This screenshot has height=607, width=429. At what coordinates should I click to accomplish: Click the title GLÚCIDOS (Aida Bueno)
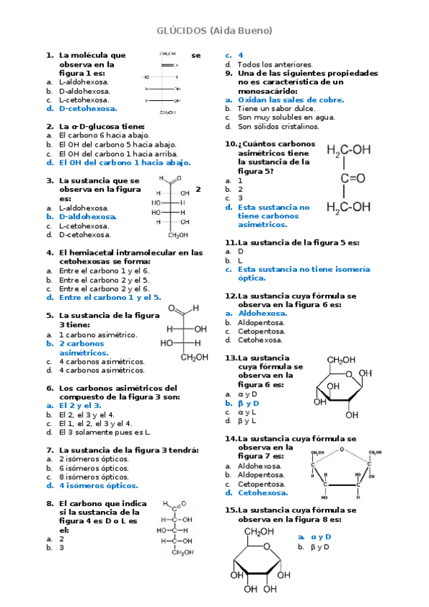pyautogui.click(x=214, y=31)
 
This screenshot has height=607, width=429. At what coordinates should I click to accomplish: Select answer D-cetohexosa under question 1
pyautogui.click(x=87, y=109)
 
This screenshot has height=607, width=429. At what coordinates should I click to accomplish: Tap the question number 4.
pyautogui.click(x=50, y=252)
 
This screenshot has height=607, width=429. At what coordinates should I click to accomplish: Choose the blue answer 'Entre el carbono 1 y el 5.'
pyautogui.click(x=110, y=297)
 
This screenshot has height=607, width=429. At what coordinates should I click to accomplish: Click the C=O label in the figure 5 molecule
pyautogui.click(x=353, y=178)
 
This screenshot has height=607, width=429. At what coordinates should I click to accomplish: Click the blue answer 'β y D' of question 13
pyautogui.click(x=248, y=403)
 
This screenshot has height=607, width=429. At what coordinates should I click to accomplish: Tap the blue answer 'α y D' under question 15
pyautogui.click(x=320, y=536)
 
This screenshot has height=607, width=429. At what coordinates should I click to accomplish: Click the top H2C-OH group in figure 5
pyautogui.click(x=349, y=150)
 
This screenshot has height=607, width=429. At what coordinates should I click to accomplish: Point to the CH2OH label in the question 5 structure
pyautogui.click(x=194, y=357)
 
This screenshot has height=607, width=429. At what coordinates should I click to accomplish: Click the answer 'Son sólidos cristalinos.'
pyautogui.click(x=278, y=126)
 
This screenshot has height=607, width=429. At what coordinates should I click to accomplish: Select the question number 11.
pyautogui.click(x=230, y=243)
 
